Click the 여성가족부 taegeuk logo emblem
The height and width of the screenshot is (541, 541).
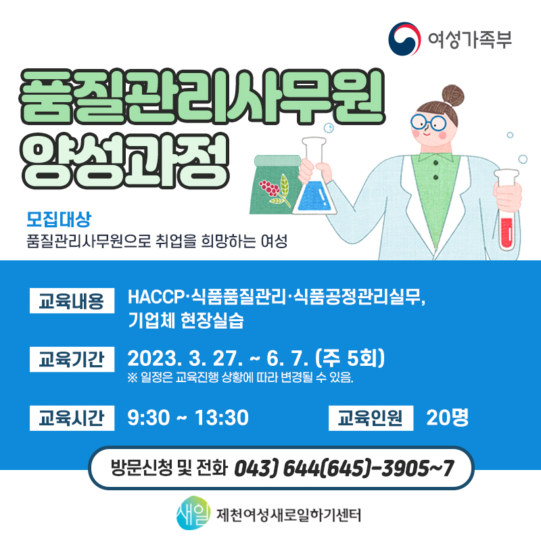[x=404, y=39]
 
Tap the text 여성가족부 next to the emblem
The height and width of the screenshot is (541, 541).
[x=469, y=39]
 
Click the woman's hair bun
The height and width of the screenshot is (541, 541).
[x=453, y=95]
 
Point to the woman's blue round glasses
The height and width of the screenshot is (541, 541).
[x=428, y=122]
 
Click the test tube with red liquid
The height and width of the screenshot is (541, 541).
[x=507, y=210]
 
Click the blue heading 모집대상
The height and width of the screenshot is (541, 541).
[x=59, y=218]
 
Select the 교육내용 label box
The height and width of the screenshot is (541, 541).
[x=72, y=300]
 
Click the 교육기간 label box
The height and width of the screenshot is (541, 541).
[x=72, y=359]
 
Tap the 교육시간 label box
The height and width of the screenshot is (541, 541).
[x=72, y=418]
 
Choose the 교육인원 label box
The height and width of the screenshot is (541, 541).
[x=371, y=418]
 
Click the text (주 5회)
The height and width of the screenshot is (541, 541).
[x=350, y=358]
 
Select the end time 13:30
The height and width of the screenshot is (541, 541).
[x=222, y=418]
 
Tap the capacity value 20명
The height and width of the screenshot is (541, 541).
[x=448, y=418]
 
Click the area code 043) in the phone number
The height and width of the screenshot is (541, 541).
[x=256, y=468]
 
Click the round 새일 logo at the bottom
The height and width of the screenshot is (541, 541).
[x=193, y=513]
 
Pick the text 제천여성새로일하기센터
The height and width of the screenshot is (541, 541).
[x=289, y=515]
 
